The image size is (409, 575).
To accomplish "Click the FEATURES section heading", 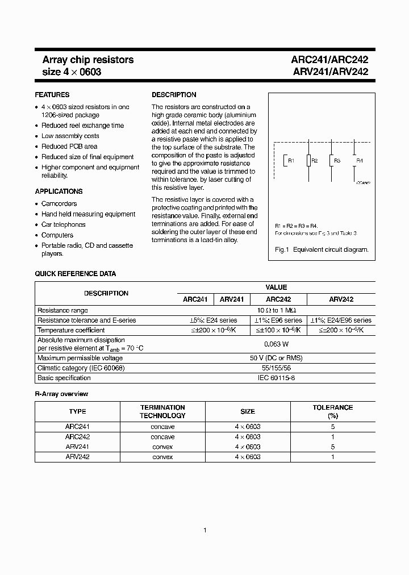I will (52, 95).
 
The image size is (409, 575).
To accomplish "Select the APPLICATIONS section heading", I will (59, 191).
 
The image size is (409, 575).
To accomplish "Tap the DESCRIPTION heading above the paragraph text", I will (174, 95).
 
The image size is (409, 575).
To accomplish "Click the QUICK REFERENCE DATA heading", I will (75, 274).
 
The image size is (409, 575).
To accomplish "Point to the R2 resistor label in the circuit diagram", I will (315, 161).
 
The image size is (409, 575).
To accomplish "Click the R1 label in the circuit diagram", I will (291, 161).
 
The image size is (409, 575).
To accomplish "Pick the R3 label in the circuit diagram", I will (337, 161).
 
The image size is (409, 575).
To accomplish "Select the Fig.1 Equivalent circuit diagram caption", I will (322, 249).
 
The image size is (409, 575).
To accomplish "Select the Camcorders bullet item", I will (59, 203).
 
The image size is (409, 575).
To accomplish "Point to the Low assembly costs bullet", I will (70, 136).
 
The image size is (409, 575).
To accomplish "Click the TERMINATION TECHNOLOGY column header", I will (162, 411).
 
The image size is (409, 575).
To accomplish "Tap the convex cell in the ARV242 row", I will (162, 457).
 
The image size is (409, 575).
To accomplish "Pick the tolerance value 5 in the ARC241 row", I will (332, 426).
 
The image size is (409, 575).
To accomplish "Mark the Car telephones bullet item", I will (63, 224).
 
